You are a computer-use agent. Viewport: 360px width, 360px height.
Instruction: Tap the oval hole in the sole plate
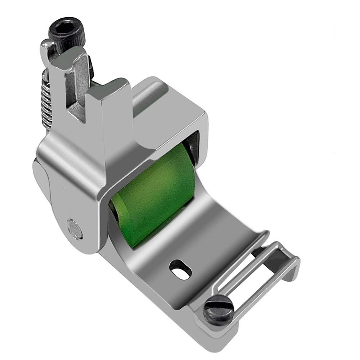(x=180, y=270)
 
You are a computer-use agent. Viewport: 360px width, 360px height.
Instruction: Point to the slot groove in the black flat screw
(x=219, y=309)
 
